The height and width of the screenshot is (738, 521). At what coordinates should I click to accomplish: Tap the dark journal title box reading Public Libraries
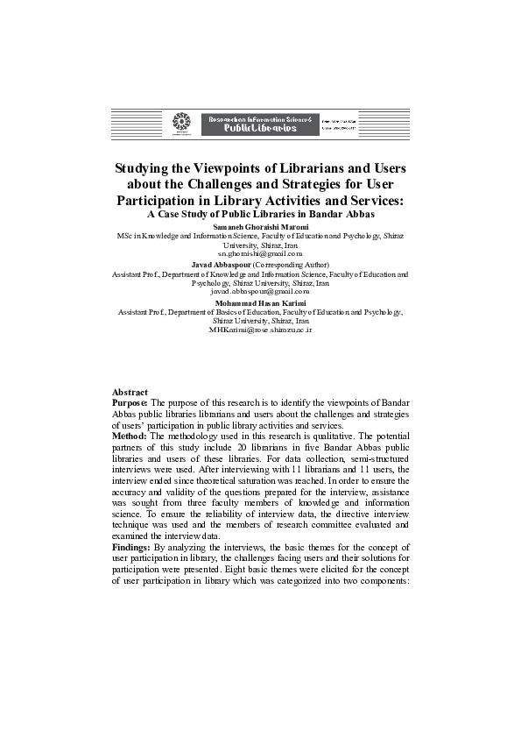pyautogui.click(x=252, y=124)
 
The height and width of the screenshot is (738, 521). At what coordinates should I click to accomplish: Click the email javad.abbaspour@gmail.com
pyautogui.click(x=261, y=291)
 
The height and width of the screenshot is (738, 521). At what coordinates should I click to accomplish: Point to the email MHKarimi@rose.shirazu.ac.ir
pyautogui.click(x=261, y=329)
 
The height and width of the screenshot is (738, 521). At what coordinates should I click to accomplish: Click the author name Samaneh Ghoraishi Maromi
pyautogui.click(x=261, y=227)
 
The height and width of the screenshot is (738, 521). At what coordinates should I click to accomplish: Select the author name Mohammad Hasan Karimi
pyautogui.click(x=261, y=303)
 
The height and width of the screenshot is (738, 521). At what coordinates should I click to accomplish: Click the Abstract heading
pyautogui.click(x=130, y=392)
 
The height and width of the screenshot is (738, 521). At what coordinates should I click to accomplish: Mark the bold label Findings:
pyautogui.click(x=134, y=546)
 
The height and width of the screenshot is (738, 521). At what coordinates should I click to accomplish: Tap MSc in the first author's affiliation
pyautogui.click(x=124, y=237)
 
